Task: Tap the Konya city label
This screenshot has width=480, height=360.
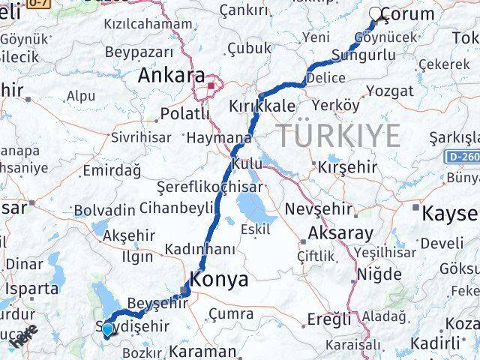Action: [220, 279]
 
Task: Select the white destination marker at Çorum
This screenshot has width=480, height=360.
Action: [377, 13]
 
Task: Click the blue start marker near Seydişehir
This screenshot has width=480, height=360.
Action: [107, 328]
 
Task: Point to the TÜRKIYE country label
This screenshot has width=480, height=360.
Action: [338, 136]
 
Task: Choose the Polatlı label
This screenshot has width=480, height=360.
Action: [184, 114]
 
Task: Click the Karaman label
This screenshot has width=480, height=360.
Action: [202, 349]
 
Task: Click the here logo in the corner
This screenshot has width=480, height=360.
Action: [24, 338]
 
